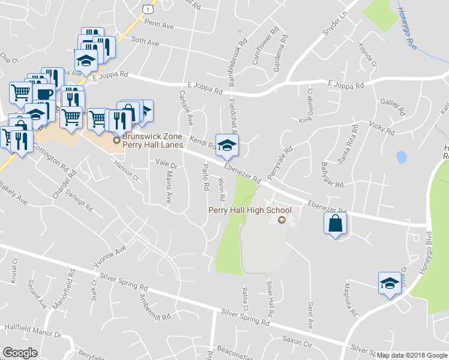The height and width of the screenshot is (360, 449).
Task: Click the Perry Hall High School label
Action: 249,210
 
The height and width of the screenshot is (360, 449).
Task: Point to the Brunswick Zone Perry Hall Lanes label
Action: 152,140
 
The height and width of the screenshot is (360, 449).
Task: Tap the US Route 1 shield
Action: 146,7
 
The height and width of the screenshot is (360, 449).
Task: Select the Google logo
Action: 20,353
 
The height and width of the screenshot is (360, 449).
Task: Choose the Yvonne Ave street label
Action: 109,256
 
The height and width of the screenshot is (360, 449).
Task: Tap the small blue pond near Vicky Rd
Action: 401,157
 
